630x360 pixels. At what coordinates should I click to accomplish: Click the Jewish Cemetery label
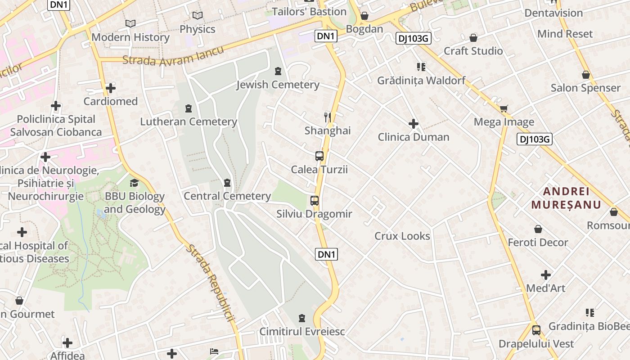click(278, 85)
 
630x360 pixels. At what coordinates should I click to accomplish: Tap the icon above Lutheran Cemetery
click(188, 108)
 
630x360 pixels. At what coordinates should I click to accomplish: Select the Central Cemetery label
click(227, 196)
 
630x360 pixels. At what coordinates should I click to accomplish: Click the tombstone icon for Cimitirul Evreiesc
click(302, 319)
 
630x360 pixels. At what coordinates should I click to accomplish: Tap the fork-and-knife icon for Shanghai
click(328, 117)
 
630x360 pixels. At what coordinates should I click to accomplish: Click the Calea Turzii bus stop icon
click(319, 156)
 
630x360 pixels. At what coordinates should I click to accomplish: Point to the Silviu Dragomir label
click(314, 214)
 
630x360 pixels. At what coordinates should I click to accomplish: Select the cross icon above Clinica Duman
click(414, 124)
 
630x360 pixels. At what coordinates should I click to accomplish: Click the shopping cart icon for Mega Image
click(504, 108)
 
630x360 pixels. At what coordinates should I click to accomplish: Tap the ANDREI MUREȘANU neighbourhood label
click(566, 198)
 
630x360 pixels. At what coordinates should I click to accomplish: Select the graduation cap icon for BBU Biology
click(134, 183)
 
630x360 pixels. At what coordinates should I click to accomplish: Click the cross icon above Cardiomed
click(111, 88)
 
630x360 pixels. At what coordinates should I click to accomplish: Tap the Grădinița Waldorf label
click(421, 81)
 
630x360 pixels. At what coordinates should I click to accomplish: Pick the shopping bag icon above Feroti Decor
click(538, 229)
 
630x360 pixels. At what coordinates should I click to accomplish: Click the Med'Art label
click(545, 288)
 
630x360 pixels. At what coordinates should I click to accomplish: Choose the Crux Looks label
click(402, 236)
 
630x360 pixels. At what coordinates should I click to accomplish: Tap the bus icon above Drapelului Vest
click(536, 330)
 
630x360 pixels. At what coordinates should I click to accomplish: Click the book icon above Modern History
click(130, 23)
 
